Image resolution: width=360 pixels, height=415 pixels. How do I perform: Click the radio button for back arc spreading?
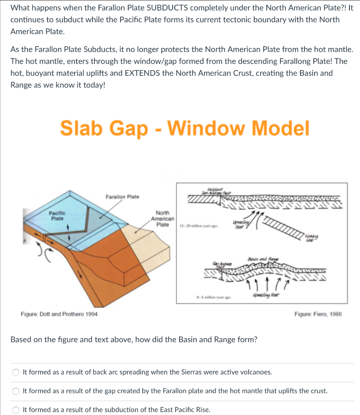point(16,372)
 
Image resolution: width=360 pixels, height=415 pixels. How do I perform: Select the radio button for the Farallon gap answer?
point(16,391)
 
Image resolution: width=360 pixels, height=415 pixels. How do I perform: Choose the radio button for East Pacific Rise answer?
point(16,410)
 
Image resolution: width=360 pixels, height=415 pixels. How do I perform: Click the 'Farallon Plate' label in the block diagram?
point(122,197)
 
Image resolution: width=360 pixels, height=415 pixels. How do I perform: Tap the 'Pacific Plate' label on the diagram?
point(57,216)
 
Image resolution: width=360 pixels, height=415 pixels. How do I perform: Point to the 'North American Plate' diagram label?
point(163,219)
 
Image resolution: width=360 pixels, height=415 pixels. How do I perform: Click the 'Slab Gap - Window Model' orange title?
point(184,128)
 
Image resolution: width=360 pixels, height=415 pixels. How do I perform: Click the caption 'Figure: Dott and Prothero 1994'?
point(59,314)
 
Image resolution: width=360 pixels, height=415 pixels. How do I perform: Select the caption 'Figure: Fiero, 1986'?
point(318,314)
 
